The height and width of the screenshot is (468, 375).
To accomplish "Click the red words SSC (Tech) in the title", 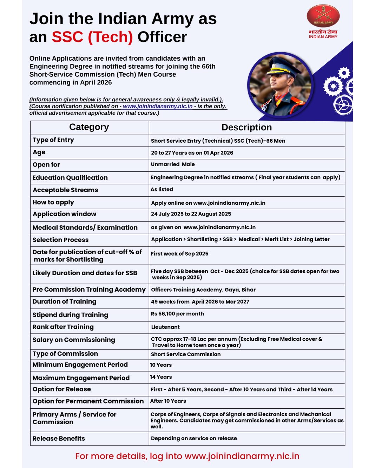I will point(92,37).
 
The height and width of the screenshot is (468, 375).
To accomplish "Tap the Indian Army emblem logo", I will point(323,16).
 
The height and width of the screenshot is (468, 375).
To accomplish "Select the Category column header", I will point(89,127).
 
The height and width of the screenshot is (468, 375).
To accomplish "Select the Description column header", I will point(246,127).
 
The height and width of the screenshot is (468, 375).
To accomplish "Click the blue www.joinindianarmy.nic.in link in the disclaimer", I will point(158,106).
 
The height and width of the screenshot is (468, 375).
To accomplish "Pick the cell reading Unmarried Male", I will point(173,164).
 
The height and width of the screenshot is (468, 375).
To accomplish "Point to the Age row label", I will point(39,152).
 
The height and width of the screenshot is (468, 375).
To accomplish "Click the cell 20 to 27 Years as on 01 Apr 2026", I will point(192,153).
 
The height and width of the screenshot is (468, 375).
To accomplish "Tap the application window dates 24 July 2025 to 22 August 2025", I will point(191,214).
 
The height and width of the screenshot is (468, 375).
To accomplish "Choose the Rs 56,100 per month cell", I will point(177,314).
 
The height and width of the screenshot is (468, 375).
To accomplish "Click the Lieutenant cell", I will point(165,327).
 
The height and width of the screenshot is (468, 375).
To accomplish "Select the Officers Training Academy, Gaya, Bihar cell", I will point(203,290).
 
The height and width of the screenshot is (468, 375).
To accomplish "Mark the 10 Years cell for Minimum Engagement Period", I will point(161,365).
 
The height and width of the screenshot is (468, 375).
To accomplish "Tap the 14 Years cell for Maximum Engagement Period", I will point(161,377).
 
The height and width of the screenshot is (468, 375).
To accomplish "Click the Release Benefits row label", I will point(59,439).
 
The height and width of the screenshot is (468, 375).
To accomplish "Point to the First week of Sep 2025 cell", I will point(180,254).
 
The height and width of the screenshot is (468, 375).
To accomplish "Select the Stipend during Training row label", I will point(70,315).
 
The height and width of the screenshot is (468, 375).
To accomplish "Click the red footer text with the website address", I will point(187,456).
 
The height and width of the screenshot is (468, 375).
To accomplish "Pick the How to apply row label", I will point(53,203).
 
